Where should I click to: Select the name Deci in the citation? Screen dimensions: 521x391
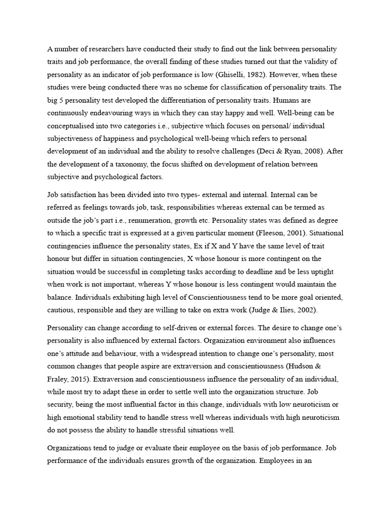tap(275, 152)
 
